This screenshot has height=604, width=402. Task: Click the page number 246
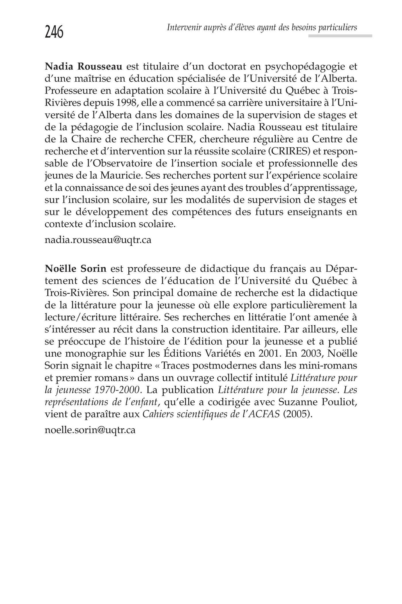(54, 32)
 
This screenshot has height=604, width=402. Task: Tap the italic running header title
(262, 28)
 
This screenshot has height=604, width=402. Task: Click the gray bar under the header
(340, 36)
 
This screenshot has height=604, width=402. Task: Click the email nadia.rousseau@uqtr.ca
(98, 240)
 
